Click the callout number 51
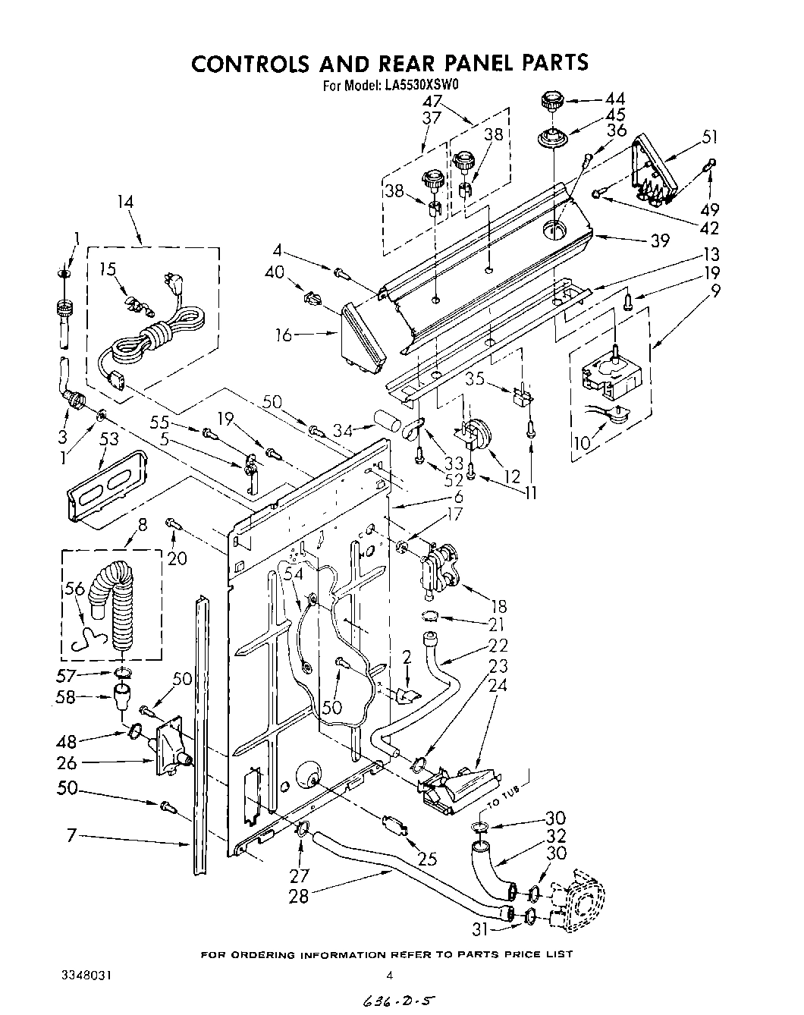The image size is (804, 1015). [x=710, y=137]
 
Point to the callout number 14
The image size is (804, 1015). [x=125, y=202]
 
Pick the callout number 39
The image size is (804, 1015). [x=659, y=240]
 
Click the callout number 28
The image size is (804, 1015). [x=299, y=896]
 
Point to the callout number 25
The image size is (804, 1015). [x=428, y=859]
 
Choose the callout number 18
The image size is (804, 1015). [x=498, y=606]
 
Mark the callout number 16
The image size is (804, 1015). [x=284, y=334]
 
